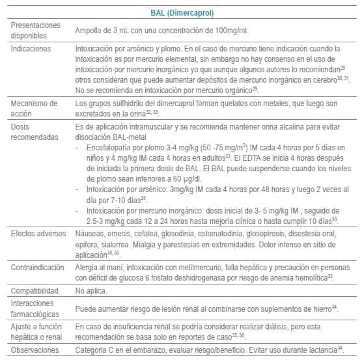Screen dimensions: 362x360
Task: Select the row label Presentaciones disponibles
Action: click(x=36, y=30)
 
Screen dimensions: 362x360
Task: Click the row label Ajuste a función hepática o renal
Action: click(x=36, y=331)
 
